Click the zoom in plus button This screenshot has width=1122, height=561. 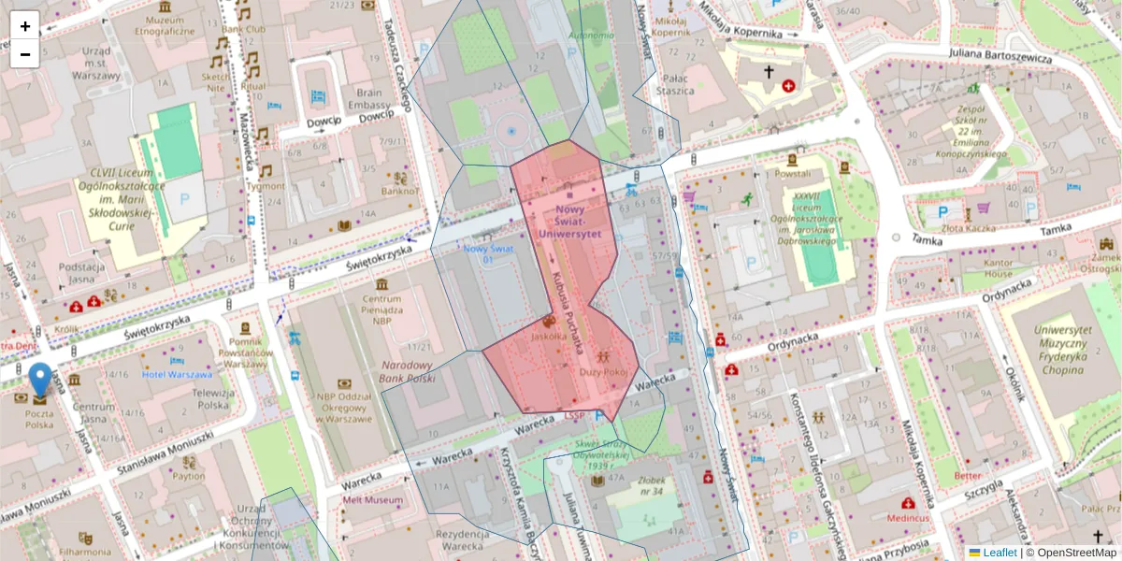pyautogui.click(x=25, y=26)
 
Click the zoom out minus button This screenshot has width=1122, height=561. pyautogui.click(x=25, y=54)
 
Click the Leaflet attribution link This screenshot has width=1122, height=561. pyautogui.click(x=999, y=553)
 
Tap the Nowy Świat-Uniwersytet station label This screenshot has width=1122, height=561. pyautogui.click(x=569, y=222)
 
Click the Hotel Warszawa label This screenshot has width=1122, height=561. pyautogui.click(x=177, y=374)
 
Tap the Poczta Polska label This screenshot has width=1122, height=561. pyautogui.click(x=39, y=418)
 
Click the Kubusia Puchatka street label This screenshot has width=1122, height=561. pyautogui.click(x=568, y=311)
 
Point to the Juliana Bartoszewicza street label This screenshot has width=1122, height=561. pyautogui.click(x=1000, y=56)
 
